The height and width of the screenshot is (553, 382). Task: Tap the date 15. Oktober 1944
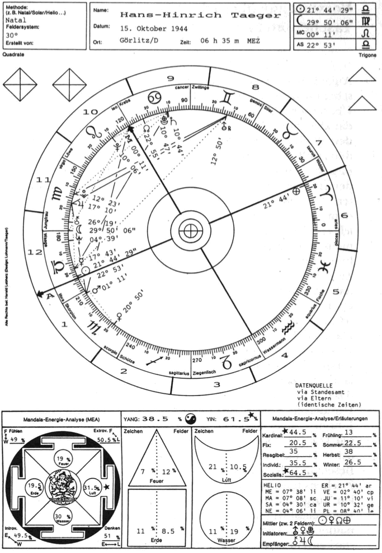[x=154, y=27]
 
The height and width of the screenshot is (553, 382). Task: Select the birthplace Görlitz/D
[x=137, y=40]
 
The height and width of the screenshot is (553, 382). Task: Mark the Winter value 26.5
[x=352, y=463]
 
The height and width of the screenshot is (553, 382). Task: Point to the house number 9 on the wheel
[x=170, y=78]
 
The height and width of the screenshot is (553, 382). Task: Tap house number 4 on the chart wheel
[x=284, y=355]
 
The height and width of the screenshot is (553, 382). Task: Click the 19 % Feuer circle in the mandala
[x=63, y=461]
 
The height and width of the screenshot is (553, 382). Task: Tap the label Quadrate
[x=13, y=56]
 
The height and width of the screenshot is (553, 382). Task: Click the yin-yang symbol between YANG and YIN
[x=190, y=419]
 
